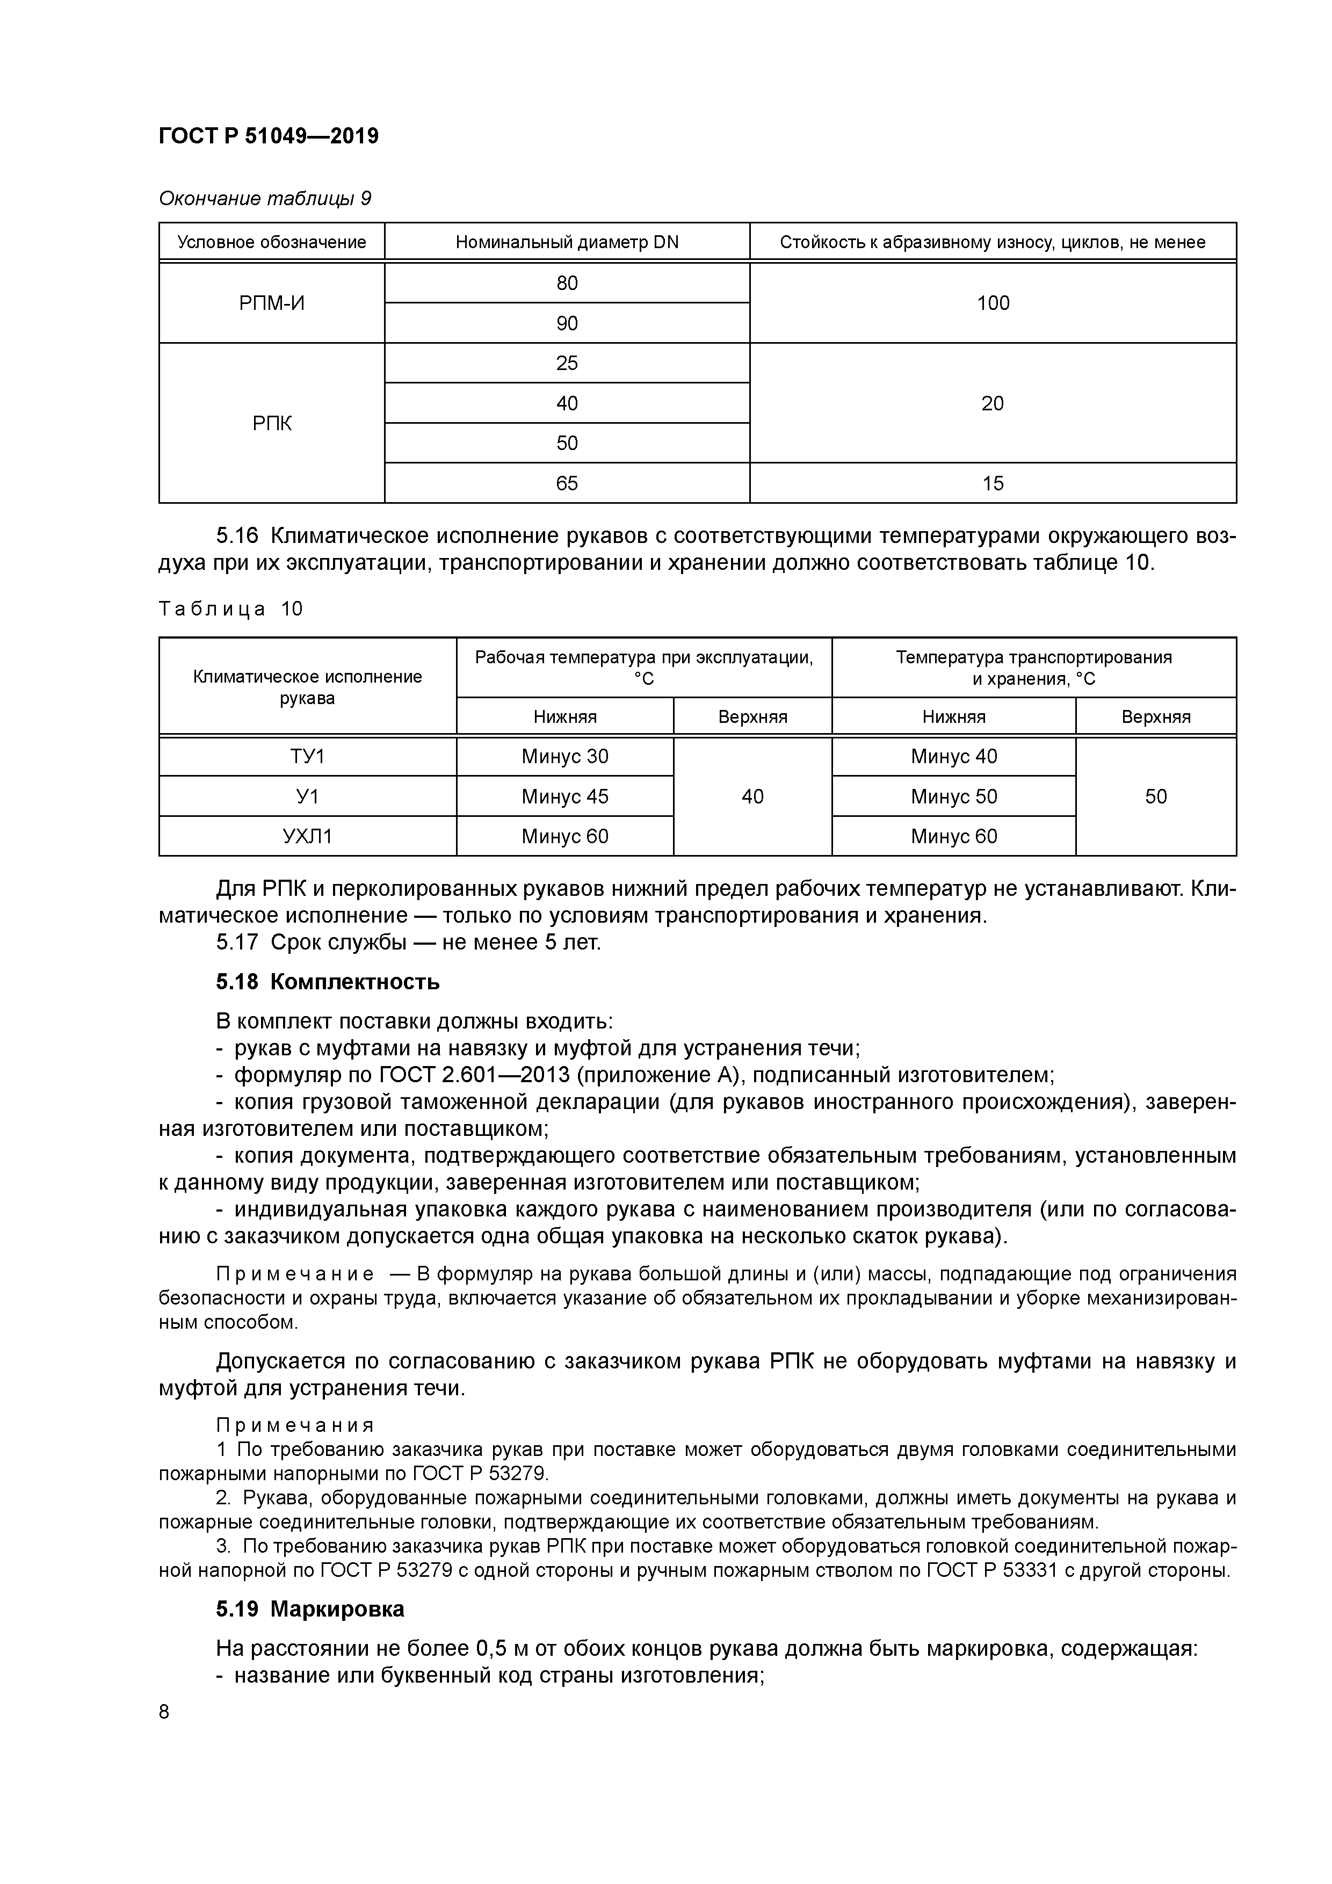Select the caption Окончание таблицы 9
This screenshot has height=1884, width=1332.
(x=264, y=199)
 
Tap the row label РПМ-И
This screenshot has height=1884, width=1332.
(x=272, y=303)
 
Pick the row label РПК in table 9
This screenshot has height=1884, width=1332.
(x=272, y=423)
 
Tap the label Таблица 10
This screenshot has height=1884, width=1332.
(x=230, y=609)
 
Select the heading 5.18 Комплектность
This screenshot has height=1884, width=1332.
(x=328, y=981)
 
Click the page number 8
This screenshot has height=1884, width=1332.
(x=164, y=1712)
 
